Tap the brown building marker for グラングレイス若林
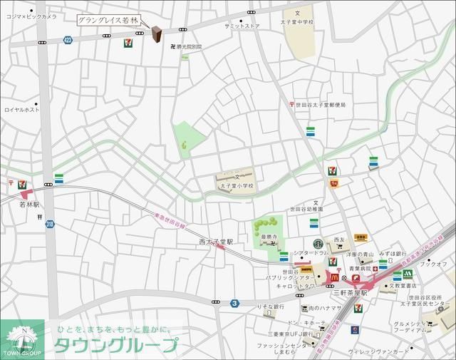click(x=156, y=34)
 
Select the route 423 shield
click(x=67, y=41)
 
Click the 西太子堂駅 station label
click(x=216, y=242)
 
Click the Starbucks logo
click(x=318, y=243)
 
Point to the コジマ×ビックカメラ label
click(x=31, y=16)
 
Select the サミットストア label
click(x=242, y=26)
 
